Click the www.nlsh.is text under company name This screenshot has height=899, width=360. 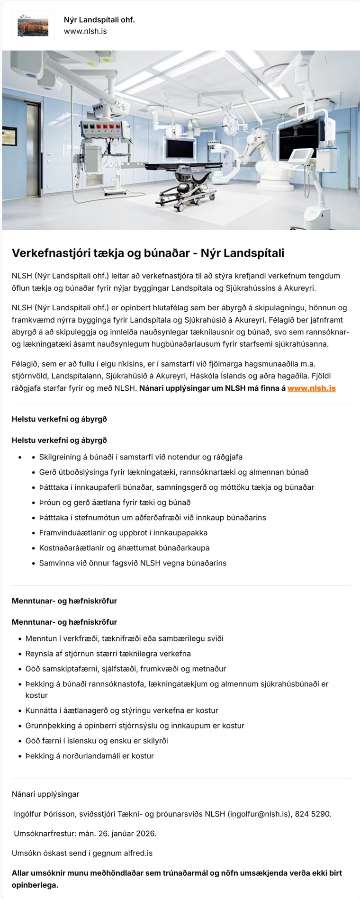click(x=85, y=31)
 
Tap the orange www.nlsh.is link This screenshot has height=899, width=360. click(x=311, y=388)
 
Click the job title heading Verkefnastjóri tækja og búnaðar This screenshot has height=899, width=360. click(x=148, y=253)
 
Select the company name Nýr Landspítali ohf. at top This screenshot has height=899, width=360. click(x=99, y=19)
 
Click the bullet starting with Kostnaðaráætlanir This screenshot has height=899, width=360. click(x=124, y=548)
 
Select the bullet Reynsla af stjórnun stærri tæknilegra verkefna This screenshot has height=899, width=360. click(x=108, y=654)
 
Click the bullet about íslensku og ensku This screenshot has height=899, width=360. click(x=97, y=740)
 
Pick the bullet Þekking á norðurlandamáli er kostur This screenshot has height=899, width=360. click(x=90, y=755)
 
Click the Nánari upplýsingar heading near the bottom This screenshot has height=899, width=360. click(x=45, y=794)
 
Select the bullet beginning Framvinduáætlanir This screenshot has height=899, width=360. click(x=123, y=532)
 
